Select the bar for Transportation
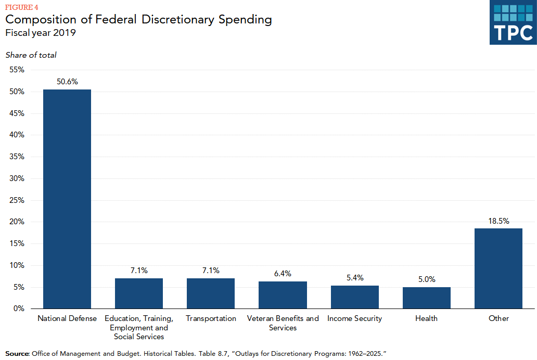pos(211,293)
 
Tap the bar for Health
pos(426,298)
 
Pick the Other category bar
pos(498,268)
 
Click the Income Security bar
pos(354,297)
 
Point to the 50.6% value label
pos(67,82)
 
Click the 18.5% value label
pos(498,221)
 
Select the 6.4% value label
pos(283,273)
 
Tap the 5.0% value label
pos(426,279)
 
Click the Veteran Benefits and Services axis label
pos(283,323)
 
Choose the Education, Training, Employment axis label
pos(139,327)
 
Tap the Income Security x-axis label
pos(354,318)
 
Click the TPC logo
pos(513,23)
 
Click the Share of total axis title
pos(31,55)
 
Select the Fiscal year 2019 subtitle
pos(41,33)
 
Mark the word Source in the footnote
pos(17,354)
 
